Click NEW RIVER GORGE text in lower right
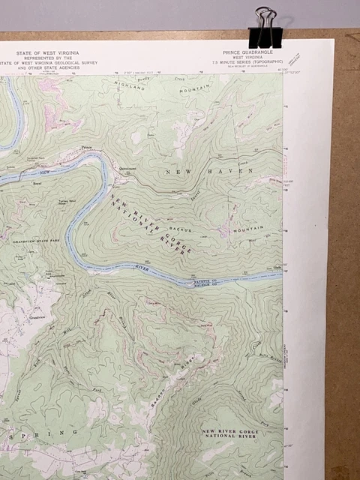pos(229,430)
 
